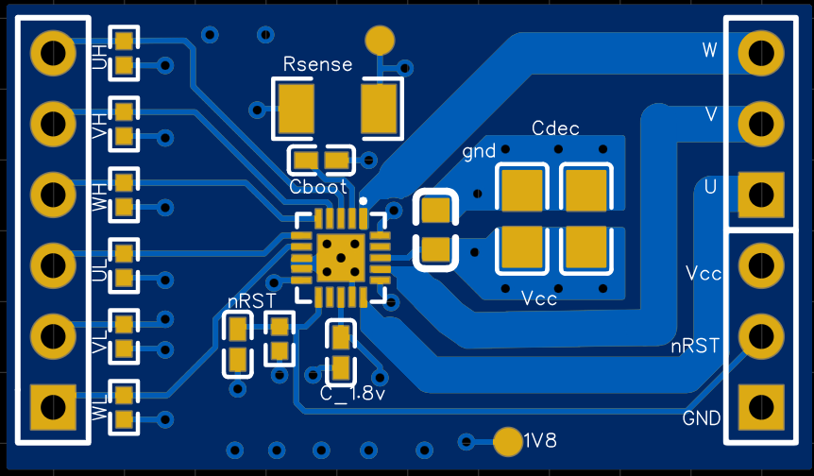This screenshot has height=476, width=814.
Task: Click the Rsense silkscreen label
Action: pos(317,64)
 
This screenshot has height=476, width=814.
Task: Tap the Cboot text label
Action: pos(317,187)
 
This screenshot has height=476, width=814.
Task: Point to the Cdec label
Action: pos(555,128)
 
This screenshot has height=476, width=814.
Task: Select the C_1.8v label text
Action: pos(353,394)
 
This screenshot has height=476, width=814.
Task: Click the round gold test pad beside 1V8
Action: pos(508,442)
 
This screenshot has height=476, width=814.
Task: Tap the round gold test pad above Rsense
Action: pos(380,40)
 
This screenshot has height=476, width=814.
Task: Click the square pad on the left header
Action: pos(53,407)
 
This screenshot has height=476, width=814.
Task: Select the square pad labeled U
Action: pos(761,195)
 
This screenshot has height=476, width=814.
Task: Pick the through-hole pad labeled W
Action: pos(761,53)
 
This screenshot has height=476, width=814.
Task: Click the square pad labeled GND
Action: pos(761,407)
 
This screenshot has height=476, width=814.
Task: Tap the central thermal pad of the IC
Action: pos(341,258)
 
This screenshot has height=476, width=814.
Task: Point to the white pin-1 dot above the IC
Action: pos(363,201)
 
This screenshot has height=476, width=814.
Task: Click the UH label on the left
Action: pos(99,57)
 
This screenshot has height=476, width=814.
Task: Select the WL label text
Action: pos(99,407)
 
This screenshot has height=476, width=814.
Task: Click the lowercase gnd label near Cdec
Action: pos(479,151)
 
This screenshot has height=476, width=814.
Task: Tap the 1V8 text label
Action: pos(540,441)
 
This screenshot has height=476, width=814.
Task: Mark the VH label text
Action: pos(99,127)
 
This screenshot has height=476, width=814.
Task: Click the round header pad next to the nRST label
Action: pos(761,336)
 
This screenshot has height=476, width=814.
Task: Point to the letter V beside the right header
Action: pos(711,114)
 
